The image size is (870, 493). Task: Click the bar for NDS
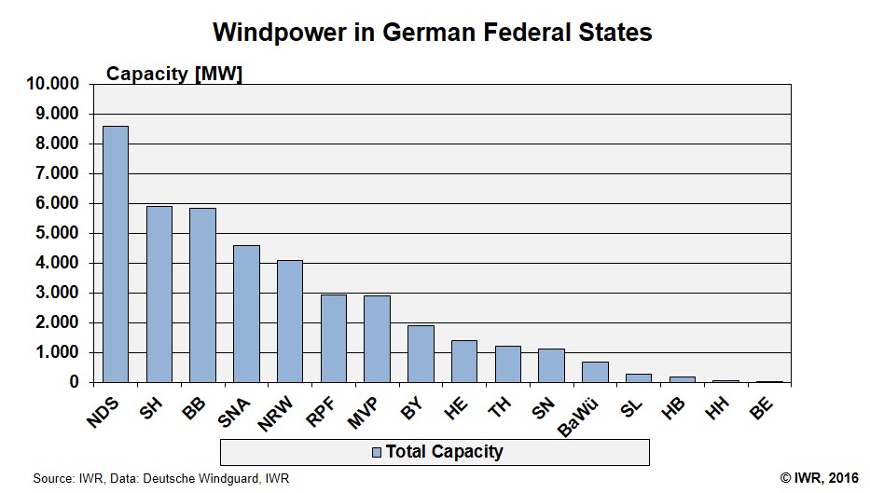point(115,253)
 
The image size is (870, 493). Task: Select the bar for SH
point(159,294)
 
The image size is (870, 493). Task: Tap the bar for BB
point(202,294)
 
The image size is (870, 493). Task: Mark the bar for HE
point(463,361)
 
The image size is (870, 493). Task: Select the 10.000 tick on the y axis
point(55,85)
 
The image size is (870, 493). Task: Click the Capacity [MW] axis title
point(174,74)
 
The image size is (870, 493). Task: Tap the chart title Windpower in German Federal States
point(433,32)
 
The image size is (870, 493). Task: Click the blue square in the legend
point(377,452)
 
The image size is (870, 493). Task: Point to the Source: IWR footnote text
point(161,478)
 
